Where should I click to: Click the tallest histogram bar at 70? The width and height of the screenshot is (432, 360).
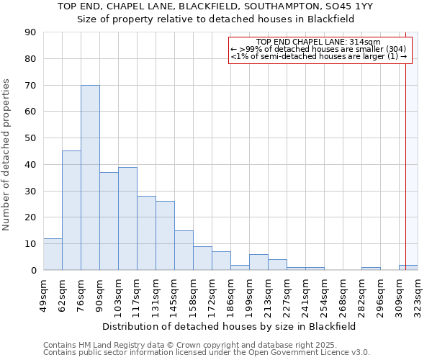coord(90,177)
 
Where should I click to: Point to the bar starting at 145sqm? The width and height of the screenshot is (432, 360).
coord(184,250)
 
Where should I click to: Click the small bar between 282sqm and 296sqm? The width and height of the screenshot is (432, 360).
coord(371,269)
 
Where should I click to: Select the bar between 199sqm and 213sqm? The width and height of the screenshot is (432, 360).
coord(258,262)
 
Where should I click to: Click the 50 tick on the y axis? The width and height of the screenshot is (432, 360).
coord(30,138)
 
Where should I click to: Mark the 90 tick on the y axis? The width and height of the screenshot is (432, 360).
coord(30,32)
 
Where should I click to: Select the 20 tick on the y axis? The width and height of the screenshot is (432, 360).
coord(30,217)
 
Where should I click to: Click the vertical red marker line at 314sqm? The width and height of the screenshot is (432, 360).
coord(405,158)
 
